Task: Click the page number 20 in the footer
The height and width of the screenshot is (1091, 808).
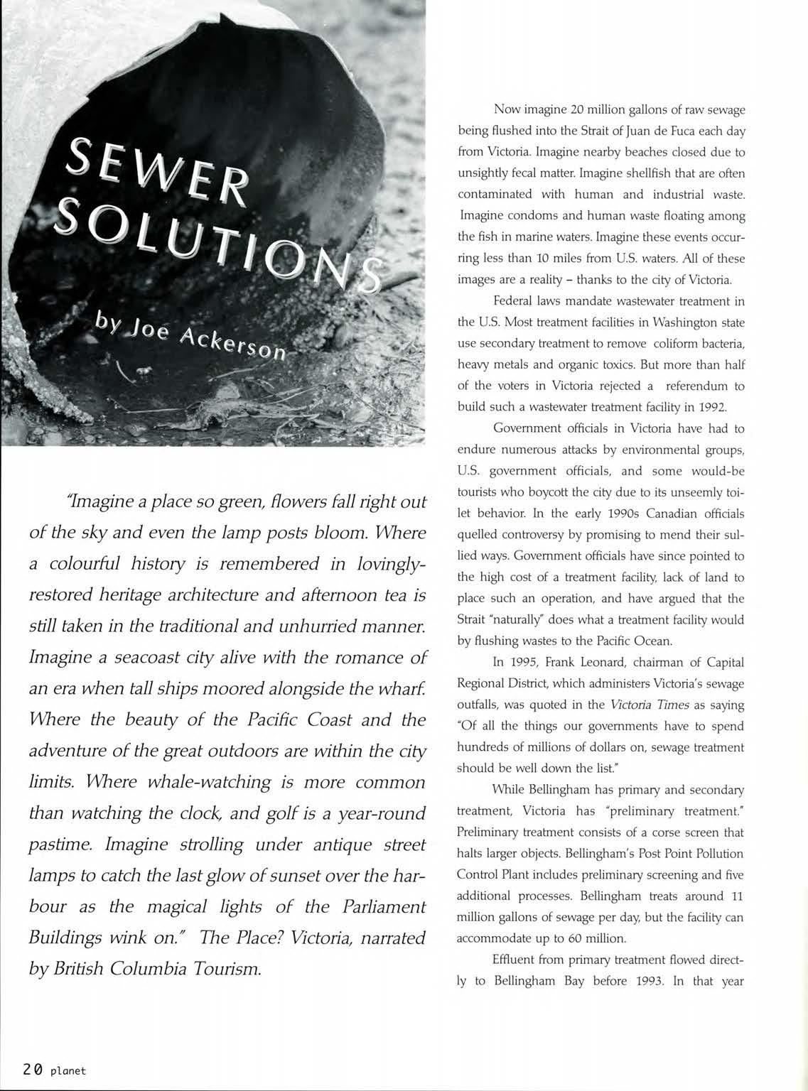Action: tap(32, 1069)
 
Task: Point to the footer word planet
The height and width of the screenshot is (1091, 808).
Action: tap(68, 1070)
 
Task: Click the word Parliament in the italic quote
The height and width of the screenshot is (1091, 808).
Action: tap(384, 906)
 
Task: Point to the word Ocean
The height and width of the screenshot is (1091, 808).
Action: tap(651, 641)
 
